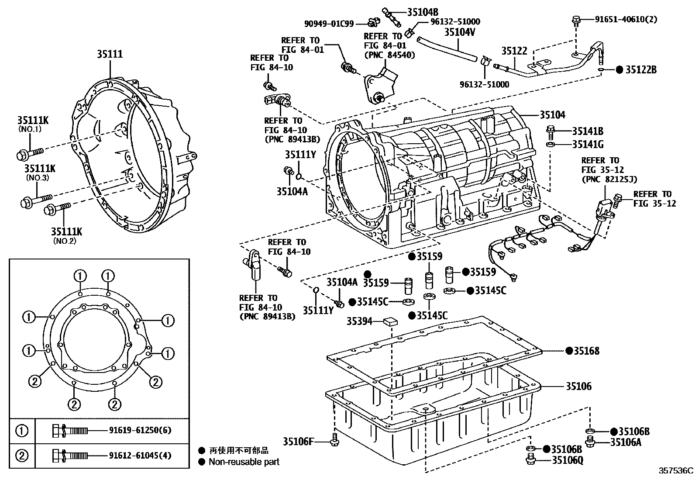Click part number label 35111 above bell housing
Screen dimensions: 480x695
pyautogui.click(x=110, y=54)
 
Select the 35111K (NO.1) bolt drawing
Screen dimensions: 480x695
pyautogui.click(x=30, y=153)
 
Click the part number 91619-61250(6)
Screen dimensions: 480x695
pyautogui.click(x=140, y=430)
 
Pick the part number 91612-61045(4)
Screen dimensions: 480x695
pyautogui.click(x=140, y=456)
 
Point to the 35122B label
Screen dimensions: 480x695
pyautogui.click(x=640, y=70)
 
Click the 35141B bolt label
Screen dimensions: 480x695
pyautogui.click(x=588, y=131)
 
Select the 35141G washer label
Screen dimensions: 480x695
pyautogui.click(x=588, y=144)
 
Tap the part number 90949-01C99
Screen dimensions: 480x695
pyautogui.click(x=329, y=23)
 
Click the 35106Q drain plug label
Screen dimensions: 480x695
pyautogui.click(x=568, y=459)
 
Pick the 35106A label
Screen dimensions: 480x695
pyautogui.click(x=626, y=442)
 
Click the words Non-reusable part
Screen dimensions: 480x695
pyautogui.click(x=244, y=462)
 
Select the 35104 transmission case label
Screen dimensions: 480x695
pyautogui.click(x=552, y=115)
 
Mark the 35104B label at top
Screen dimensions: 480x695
pyautogui.click(x=423, y=12)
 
